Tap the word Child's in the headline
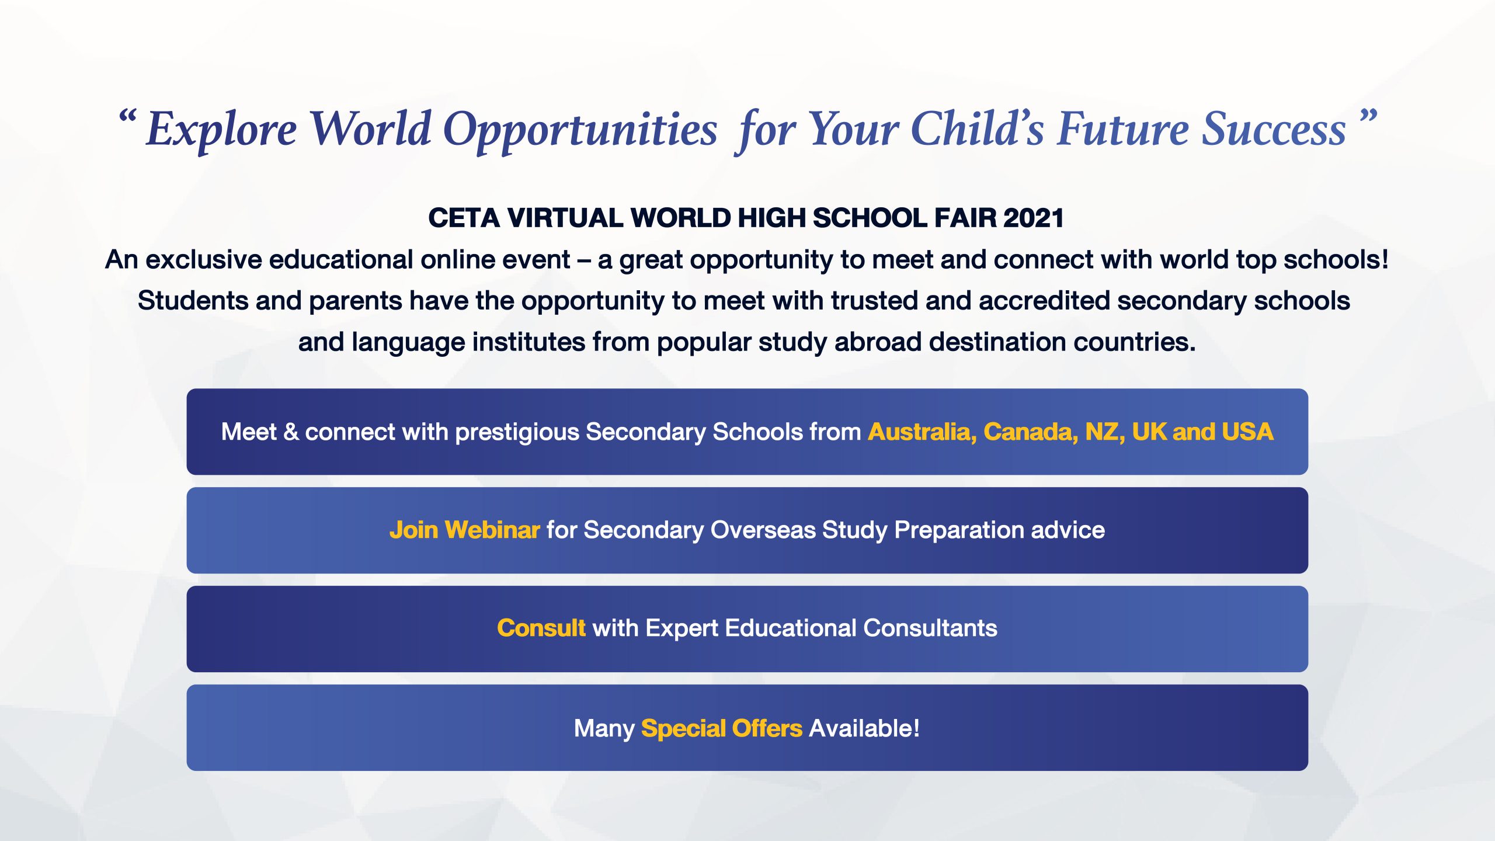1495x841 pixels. (x=976, y=128)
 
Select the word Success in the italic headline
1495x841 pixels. (x=1274, y=129)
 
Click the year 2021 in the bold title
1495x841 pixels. (x=1033, y=218)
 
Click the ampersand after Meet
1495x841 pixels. (x=291, y=432)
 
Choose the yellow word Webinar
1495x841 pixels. (x=492, y=530)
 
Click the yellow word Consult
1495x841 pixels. (x=541, y=628)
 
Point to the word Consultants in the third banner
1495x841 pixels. (x=930, y=628)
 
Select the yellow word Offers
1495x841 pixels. (x=767, y=728)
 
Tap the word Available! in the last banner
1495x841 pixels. (x=865, y=728)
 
